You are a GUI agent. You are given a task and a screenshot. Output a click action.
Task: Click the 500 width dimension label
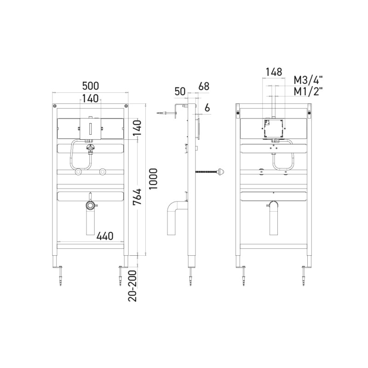click(90, 86)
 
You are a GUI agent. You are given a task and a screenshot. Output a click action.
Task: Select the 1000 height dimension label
click(153, 179)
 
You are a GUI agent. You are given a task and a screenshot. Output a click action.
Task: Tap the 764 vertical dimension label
click(137, 197)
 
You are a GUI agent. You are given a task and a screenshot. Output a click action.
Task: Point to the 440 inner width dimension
click(105, 236)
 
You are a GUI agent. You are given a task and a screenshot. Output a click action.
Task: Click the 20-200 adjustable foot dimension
click(132, 286)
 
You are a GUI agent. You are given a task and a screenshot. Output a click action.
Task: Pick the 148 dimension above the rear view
click(274, 72)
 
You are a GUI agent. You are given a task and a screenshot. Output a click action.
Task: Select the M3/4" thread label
click(308, 80)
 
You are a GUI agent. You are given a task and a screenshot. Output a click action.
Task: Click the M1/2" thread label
click(308, 91)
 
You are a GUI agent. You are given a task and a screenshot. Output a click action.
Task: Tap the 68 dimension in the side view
click(204, 86)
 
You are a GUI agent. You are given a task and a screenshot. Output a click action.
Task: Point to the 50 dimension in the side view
click(180, 92)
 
